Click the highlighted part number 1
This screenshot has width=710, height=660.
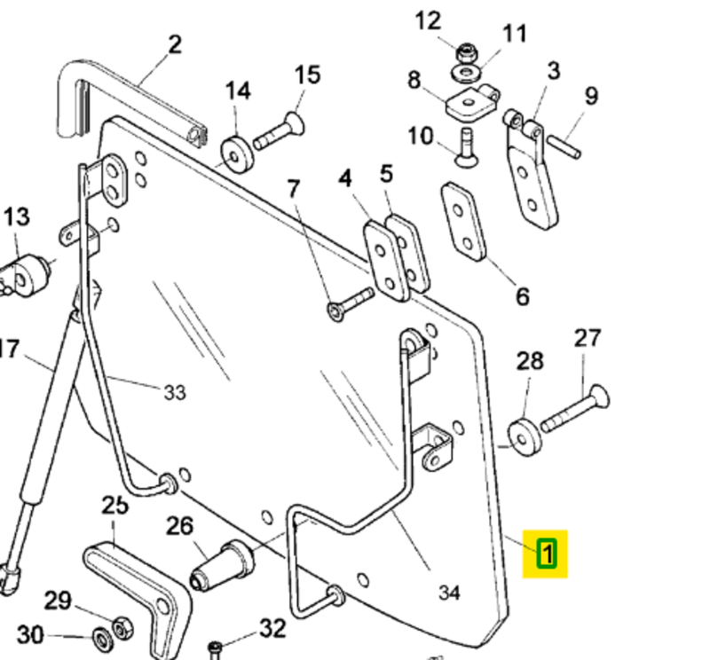coord(547,554)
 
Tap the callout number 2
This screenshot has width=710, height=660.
coord(174,43)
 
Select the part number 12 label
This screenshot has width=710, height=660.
coord(428,20)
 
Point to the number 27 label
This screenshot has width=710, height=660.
coord(587,337)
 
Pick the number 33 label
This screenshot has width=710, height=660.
coord(175,390)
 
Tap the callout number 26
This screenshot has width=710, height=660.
coord(179,526)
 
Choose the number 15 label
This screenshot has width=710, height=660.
coord(307,75)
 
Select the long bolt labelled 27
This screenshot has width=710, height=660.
coord(572,408)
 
